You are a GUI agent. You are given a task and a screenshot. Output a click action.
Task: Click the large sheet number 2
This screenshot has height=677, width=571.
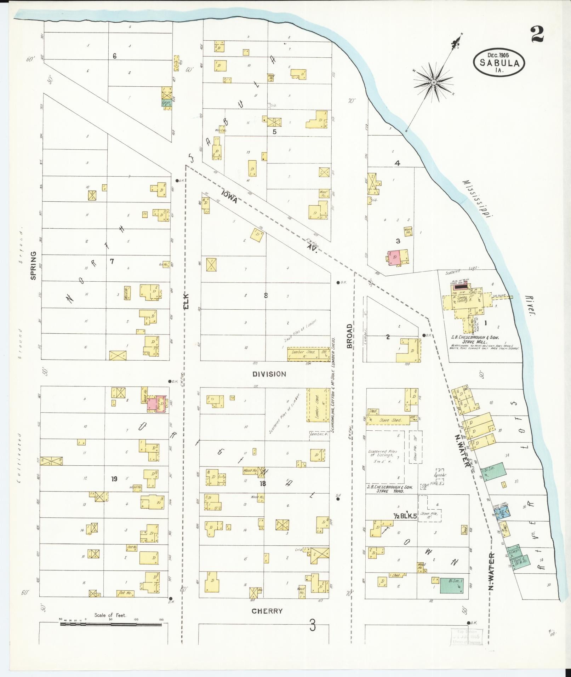coord(537,34)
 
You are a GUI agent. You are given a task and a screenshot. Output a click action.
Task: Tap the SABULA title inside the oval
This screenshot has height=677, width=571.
coord(500,63)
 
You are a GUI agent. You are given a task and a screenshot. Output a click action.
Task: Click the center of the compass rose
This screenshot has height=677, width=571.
coord(434,83)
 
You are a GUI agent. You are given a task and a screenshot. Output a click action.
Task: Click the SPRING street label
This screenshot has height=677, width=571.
coord(33,265)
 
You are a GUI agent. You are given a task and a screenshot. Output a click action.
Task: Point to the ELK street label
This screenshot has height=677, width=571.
coord(186,301)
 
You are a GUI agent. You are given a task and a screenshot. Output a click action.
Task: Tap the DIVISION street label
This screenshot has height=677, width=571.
coord(269,374)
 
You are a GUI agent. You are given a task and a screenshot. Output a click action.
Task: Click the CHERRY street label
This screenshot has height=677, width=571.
coord(267,611)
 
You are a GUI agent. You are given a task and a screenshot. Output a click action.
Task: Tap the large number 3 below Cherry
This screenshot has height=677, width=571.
coord(312,626)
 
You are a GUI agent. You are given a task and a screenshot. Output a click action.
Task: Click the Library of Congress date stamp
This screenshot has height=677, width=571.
coord(466,637)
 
